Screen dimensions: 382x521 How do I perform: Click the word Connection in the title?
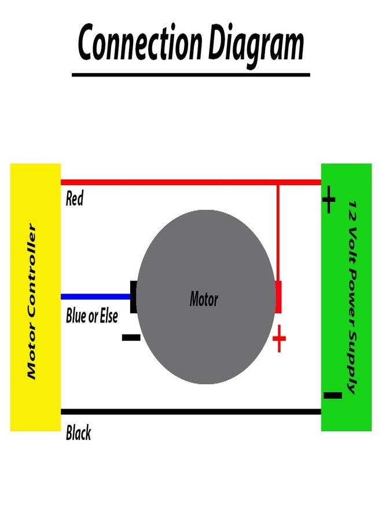(140, 42)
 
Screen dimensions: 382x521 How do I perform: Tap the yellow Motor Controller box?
(35, 298)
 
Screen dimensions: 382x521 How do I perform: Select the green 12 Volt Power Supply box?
(347, 298)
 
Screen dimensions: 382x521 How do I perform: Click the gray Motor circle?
(206, 297)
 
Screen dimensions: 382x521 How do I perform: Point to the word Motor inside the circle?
(204, 298)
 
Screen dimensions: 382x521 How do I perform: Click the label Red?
(75, 198)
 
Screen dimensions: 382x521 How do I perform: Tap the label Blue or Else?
(91, 315)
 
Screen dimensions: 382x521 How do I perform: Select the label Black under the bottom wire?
(78, 432)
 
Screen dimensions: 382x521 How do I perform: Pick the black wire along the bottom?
(191, 412)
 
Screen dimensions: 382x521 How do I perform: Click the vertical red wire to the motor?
(278, 233)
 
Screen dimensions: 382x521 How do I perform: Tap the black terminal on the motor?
(133, 297)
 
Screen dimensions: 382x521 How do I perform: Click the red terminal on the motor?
(278, 297)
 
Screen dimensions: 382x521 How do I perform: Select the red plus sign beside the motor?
(279, 339)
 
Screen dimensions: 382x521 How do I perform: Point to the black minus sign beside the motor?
(131, 337)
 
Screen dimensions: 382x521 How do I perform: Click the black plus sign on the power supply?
(329, 200)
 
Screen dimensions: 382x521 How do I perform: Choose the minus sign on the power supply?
(332, 395)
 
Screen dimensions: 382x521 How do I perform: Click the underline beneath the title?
(191, 75)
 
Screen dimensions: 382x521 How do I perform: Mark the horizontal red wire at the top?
(191, 182)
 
